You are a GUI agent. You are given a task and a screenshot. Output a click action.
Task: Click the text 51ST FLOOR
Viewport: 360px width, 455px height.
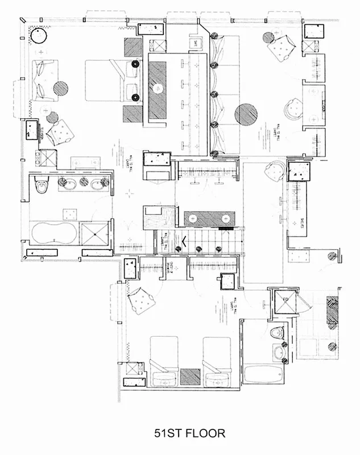pyautogui.click(x=189, y=433)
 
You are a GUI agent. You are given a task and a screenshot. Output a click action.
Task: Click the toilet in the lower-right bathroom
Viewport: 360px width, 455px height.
pyautogui.click(x=278, y=333)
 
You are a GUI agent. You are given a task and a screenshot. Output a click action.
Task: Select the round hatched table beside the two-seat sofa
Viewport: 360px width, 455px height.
pyautogui.click(x=61, y=88)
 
